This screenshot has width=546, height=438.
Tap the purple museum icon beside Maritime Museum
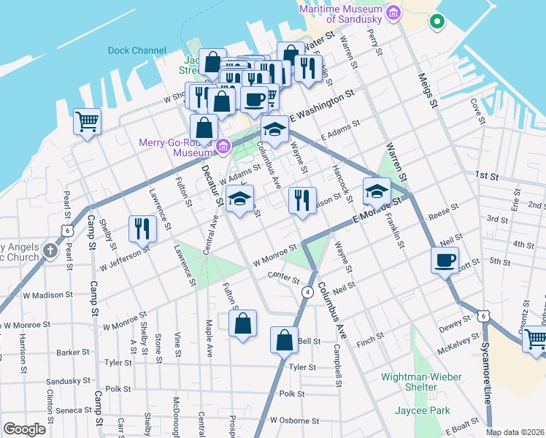pos(393,12)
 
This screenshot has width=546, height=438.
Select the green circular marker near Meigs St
pos(437,22)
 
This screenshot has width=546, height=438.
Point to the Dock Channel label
pos(136,50)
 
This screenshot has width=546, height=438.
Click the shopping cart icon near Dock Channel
pos(87,121)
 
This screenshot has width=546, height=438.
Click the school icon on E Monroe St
pos(377,191)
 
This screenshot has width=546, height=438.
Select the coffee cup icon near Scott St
pos(445,260)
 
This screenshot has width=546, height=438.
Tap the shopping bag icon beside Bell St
pos(284,339)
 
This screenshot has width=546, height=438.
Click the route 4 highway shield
pos(308,291)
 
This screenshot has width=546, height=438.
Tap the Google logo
pos(25,429)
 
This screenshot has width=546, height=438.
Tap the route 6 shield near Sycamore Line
pos(482,315)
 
